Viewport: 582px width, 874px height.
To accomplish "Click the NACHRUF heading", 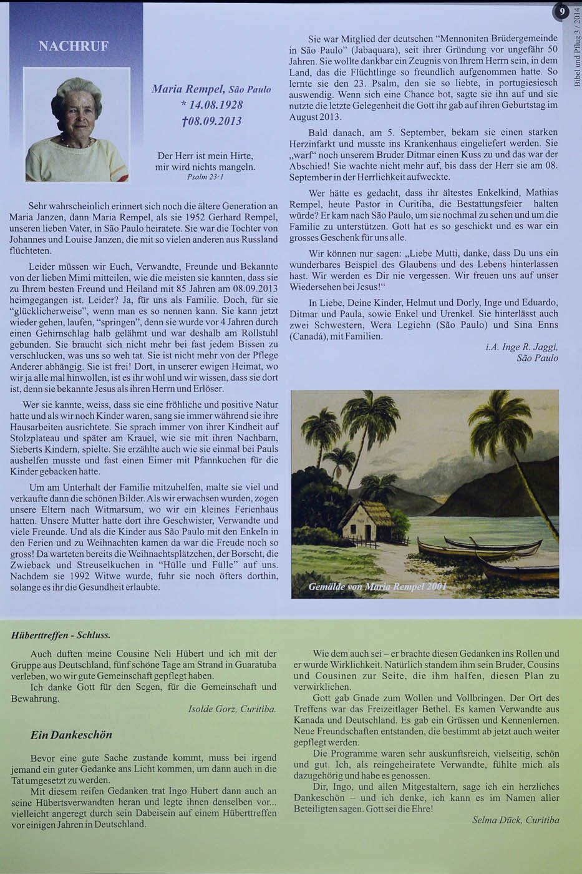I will tap(73, 46).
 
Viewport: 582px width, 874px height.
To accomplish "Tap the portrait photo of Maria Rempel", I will tap(76, 124).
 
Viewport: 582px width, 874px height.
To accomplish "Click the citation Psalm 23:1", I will tap(205, 177).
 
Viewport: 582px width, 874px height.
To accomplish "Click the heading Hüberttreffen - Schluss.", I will tap(61, 636).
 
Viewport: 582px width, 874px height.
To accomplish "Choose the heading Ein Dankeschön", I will tap(71, 735).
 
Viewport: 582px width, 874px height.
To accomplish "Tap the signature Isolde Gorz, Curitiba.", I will tap(232, 709).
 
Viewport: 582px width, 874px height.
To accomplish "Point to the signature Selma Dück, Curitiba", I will tap(515, 820).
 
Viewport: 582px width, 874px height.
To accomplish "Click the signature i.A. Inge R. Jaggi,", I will tap(521, 347).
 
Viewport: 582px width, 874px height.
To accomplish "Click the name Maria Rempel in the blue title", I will tap(188, 89).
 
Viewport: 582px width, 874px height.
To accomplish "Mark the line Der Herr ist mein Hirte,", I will tap(205, 155).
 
